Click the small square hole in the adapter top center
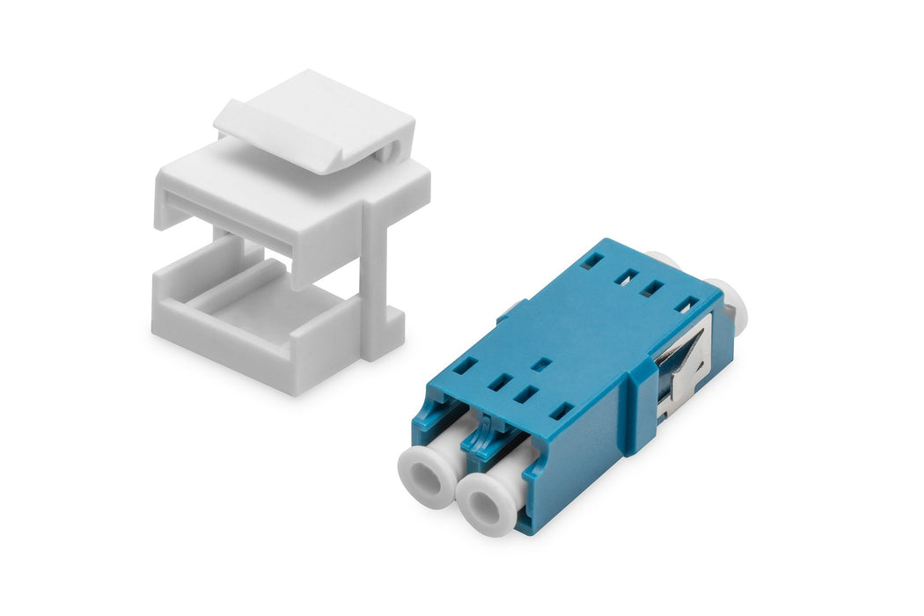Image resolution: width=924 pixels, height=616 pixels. (x=543, y=363)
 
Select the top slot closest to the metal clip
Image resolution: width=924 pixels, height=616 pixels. (x=688, y=304)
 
